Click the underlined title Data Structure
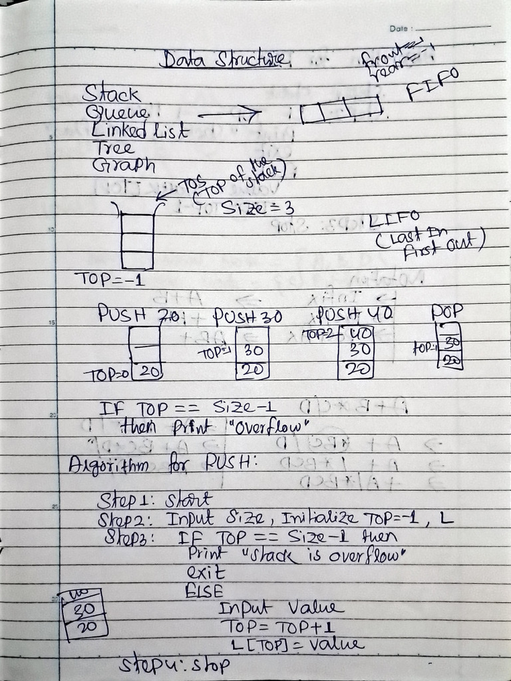pos(224,61)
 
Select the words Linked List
pos(137,131)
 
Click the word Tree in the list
pos(114,148)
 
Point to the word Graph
pos(124,165)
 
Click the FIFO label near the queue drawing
pos(432,86)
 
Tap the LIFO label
pos(394,219)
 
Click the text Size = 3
pos(250,208)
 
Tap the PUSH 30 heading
pos(248,317)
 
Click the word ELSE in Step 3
pos(204,590)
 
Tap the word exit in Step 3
pos(206,571)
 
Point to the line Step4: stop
pos(174,664)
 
